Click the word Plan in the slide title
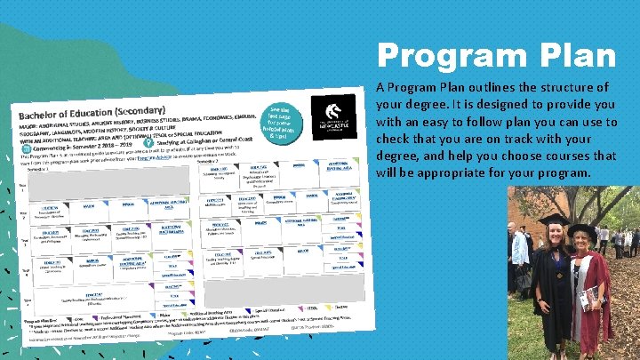tap(574, 55)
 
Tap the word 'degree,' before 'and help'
tap(397, 156)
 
